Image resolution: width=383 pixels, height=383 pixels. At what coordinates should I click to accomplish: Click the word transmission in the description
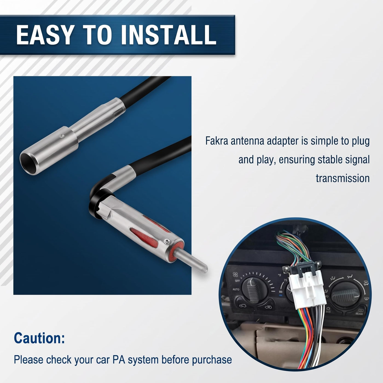coord(343,178)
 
